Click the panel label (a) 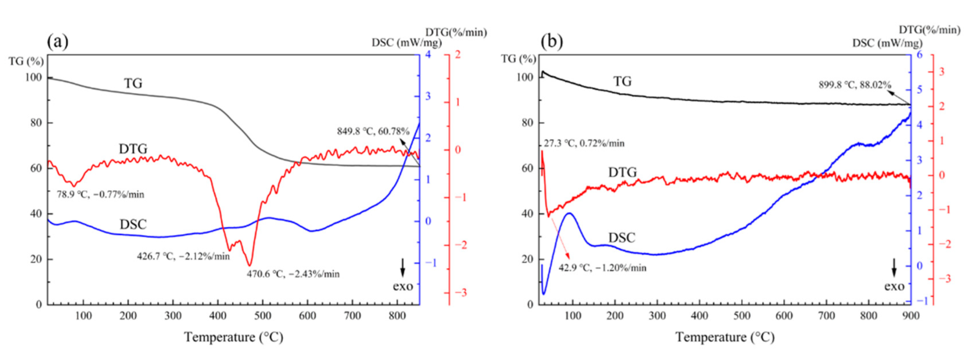click(x=58, y=41)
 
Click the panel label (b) click(x=552, y=41)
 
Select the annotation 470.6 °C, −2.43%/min click(x=293, y=274)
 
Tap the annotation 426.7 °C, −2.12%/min click(x=183, y=256)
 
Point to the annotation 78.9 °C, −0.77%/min click(x=100, y=195)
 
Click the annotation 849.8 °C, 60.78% click(x=373, y=131)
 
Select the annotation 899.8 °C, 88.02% click(x=855, y=85)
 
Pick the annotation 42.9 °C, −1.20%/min click(x=602, y=268)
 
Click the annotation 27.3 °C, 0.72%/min click(x=584, y=143)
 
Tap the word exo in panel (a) click(x=403, y=286)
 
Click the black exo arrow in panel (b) click(x=894, y=268)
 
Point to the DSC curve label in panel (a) click(x=133, y=224)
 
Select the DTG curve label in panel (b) click(x=622, y=172)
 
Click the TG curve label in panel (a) click(x=133, y=83)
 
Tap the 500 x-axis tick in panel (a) click(x=263, y=316)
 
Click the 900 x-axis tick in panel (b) click(x=911, y=316)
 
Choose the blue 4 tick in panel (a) click(x=428, y=54)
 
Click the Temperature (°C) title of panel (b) click(x=725, y=337)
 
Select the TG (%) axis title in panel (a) click(x=26, y=61)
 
